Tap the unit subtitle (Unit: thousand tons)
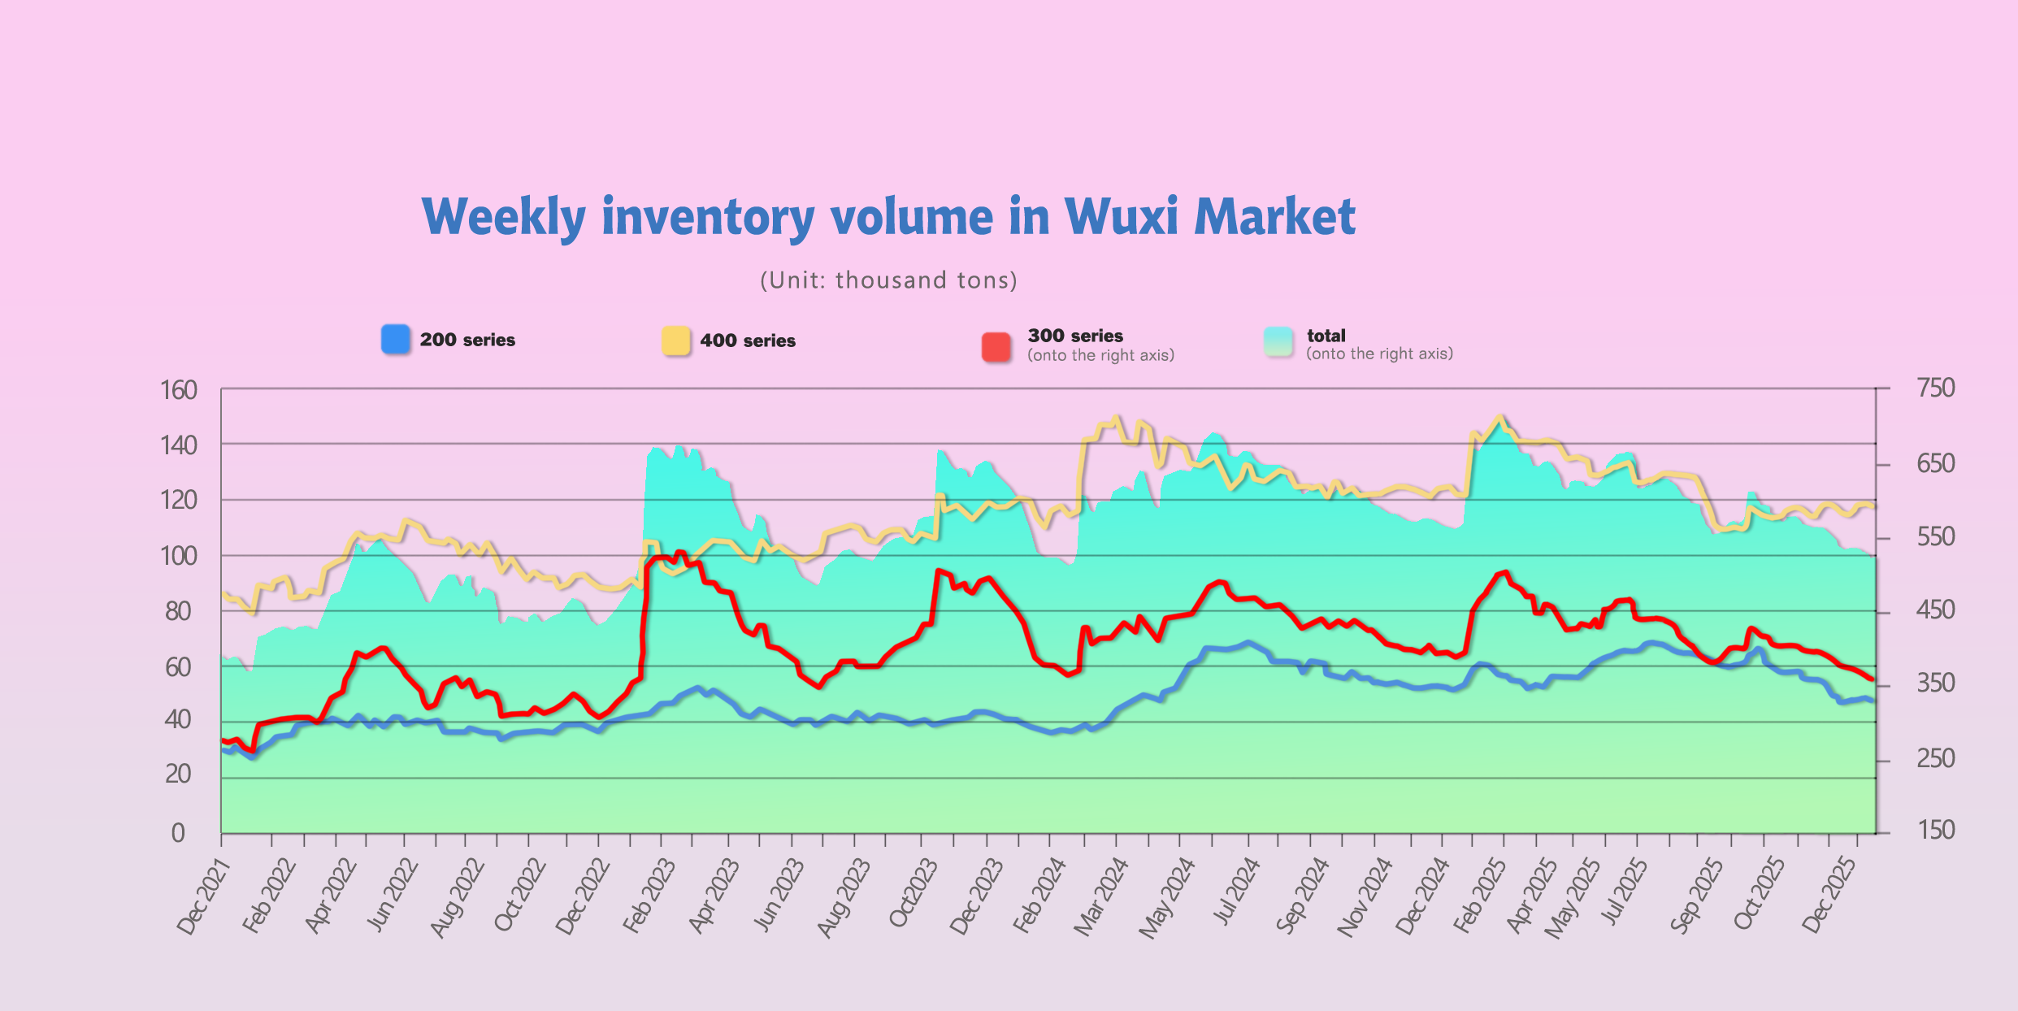point(888,280)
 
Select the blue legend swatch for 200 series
point(396,339)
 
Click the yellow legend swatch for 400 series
point(675,341)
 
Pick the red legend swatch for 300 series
point(996,346)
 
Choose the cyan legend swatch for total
point(1278,341)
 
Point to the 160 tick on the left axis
point(179,390)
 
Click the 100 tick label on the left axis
point(179,556)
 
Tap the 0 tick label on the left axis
point(178,833)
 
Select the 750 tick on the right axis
point(1935,388)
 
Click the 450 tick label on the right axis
point(1935,610)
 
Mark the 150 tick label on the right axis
point(1935,830)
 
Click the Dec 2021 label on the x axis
point(204,897)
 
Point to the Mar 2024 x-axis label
point(1100,897)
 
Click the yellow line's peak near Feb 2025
point(1500,416)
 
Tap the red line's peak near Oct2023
point(939,571)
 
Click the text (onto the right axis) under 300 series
point(1100,355)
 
